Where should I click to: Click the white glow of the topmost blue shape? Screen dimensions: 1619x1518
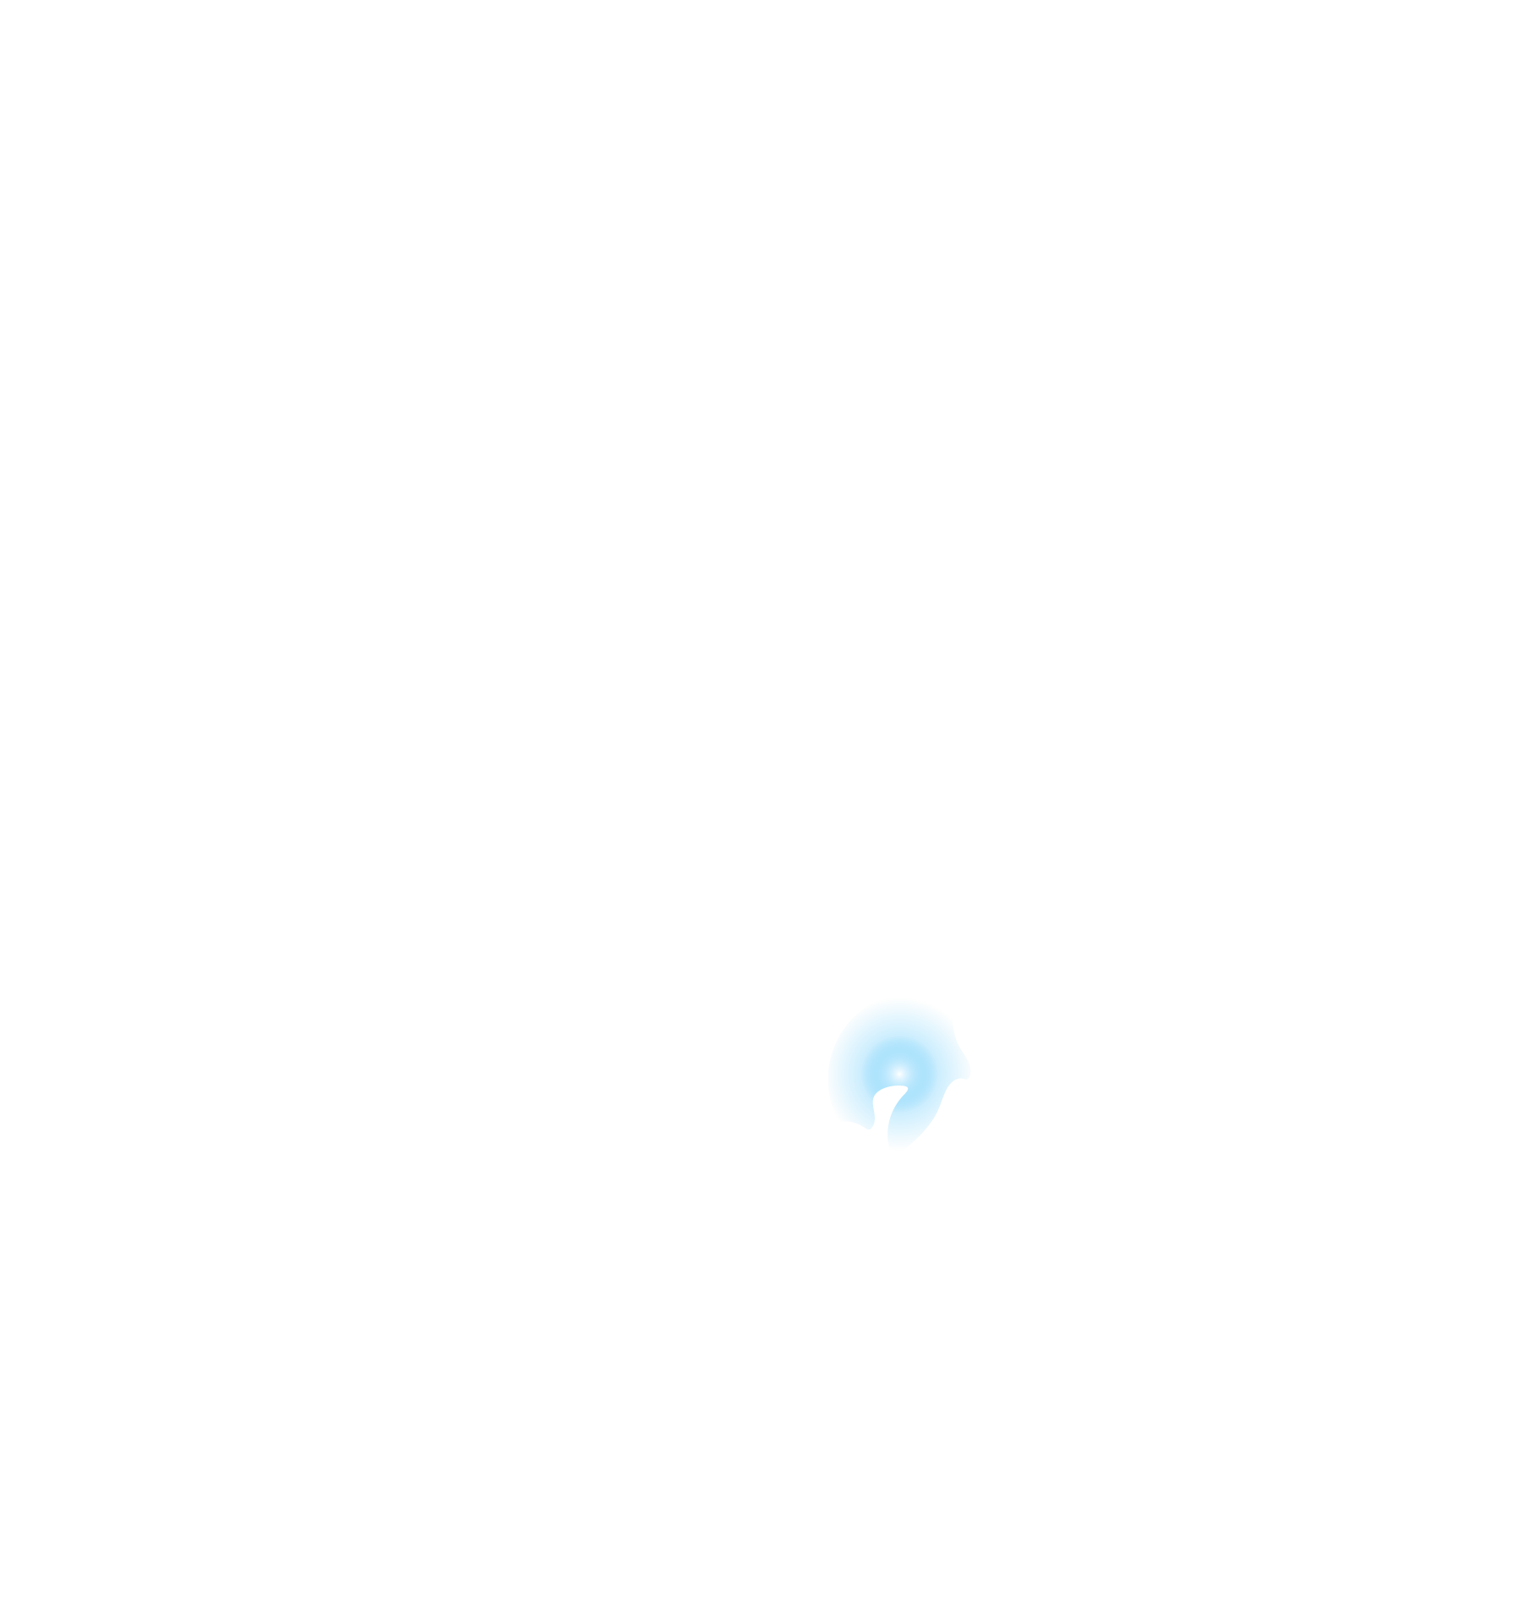coord(898,1072)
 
